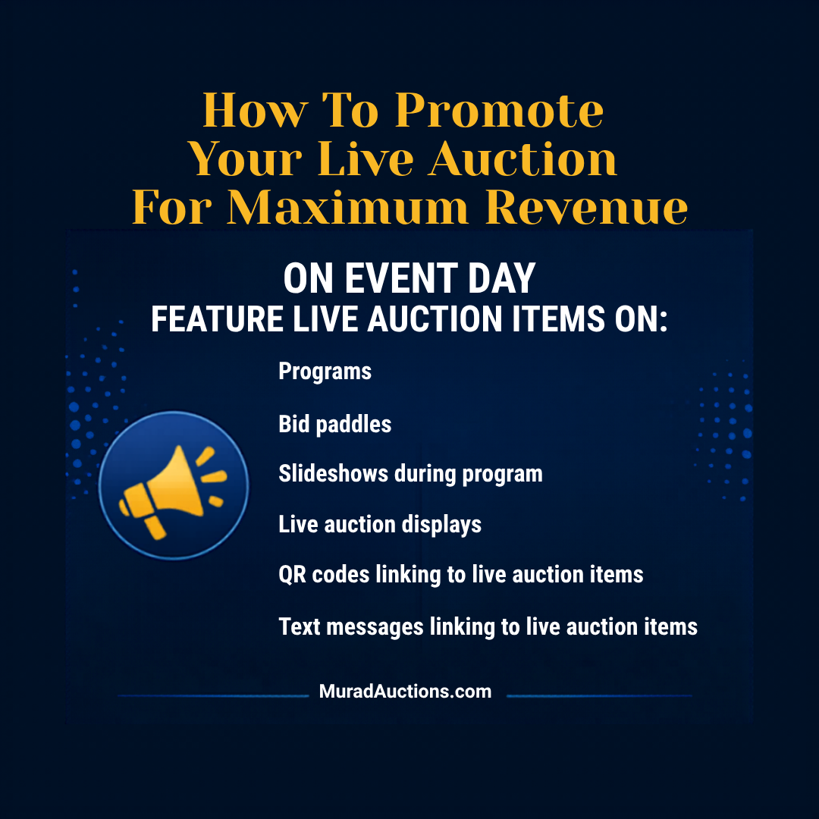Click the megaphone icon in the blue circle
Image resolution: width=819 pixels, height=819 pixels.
tap(173, 485)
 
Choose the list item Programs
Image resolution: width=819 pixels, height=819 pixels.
tap(325, 372)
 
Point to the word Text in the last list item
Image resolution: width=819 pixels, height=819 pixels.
tap(299, 627)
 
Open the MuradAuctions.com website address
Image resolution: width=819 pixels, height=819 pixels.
tap(406, 692)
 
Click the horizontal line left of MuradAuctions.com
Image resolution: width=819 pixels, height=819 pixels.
tap(214, 695)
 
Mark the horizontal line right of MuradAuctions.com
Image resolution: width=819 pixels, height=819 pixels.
tap(599, 695)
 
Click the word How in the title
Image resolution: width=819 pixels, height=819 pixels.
tap(254, 111)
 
